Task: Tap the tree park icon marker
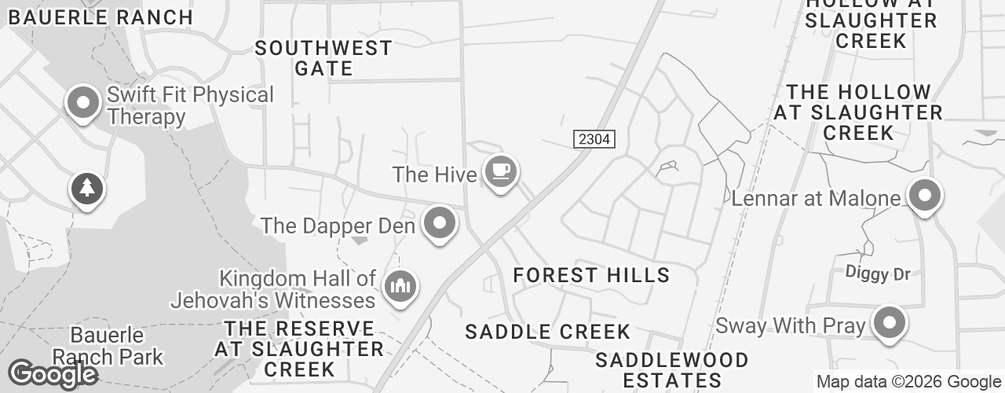click(88, 189)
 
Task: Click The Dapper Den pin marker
click(440, 224)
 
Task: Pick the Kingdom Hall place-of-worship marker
click(400, 287)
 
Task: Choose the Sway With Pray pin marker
click(889, 323)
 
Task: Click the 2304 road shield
click(594, 139)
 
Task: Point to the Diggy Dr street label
click(878, 274)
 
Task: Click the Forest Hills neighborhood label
click(591, 275)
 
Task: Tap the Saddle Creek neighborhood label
click(547, 332)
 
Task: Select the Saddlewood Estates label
click(671, 370)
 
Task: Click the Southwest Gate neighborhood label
click(323, 58)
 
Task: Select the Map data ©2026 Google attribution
click(908, 382)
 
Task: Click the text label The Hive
click(434, 174)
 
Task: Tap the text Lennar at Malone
click(815, 198)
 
